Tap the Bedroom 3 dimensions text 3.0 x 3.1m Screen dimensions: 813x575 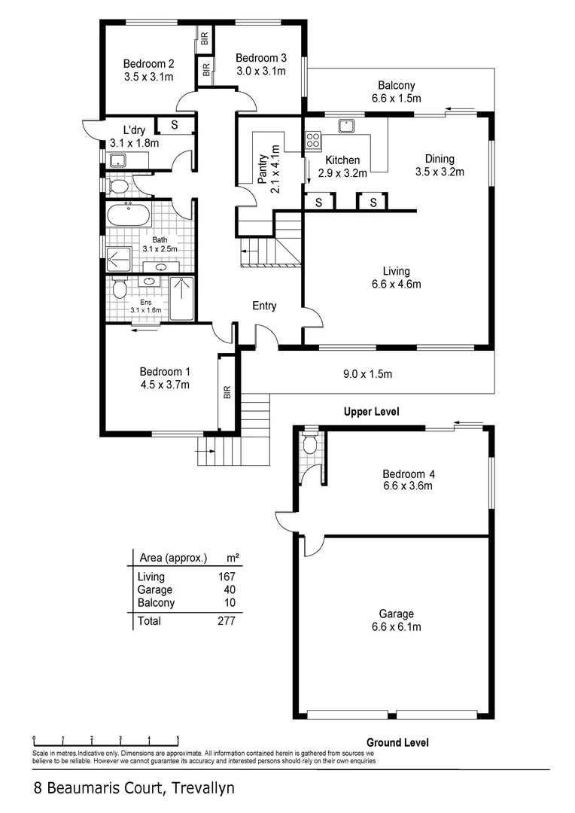pos(260,71)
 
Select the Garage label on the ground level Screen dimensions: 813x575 pos(396,614)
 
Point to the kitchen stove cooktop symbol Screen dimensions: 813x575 pos(313,140)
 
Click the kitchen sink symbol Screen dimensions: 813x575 pos(347,126)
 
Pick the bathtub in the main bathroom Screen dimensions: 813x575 pos(128,216)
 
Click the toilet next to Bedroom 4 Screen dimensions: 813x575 pos(309,445)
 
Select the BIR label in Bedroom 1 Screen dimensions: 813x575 pos(227,392)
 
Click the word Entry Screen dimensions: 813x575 pos(264,306)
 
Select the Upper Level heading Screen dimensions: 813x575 pos(371,412)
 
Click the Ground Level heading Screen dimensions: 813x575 pos(397,742)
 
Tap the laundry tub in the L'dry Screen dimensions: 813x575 pos(117,160)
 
